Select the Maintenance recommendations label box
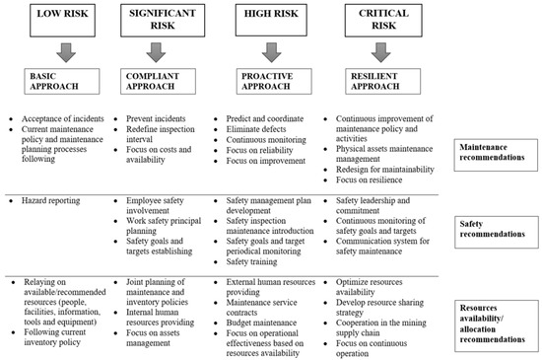point(496,151)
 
